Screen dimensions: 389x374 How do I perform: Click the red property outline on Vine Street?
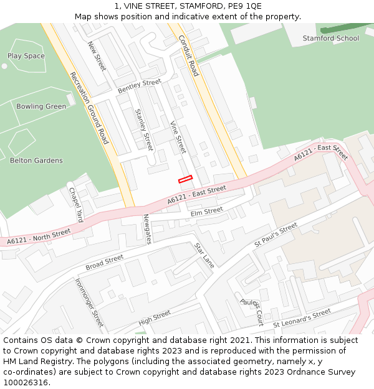(185, 179)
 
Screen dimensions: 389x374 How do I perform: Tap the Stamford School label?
(331, 39)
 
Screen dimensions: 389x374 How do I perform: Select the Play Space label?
(26, 56)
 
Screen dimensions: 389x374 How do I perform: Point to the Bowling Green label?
(41, 106)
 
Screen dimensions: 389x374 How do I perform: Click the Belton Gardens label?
(36, 161)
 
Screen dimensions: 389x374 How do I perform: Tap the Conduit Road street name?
(188, 55)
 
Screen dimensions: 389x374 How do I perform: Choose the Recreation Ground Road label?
(89, 108)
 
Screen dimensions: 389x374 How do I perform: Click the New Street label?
(97, 57)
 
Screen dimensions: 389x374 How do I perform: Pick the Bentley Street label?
(140, 87)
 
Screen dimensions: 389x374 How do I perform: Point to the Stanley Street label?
(144, 129)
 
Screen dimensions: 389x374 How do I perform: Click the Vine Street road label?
(178, 137)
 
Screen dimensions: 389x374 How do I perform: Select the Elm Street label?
(206, 212)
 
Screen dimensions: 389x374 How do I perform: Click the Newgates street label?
(148, 229)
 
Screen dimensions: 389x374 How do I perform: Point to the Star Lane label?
(204, 255)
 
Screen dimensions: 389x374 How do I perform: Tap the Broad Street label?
(105, 263)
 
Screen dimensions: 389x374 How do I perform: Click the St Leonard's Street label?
(302, 319)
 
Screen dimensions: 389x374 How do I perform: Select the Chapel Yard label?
(75, 205)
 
